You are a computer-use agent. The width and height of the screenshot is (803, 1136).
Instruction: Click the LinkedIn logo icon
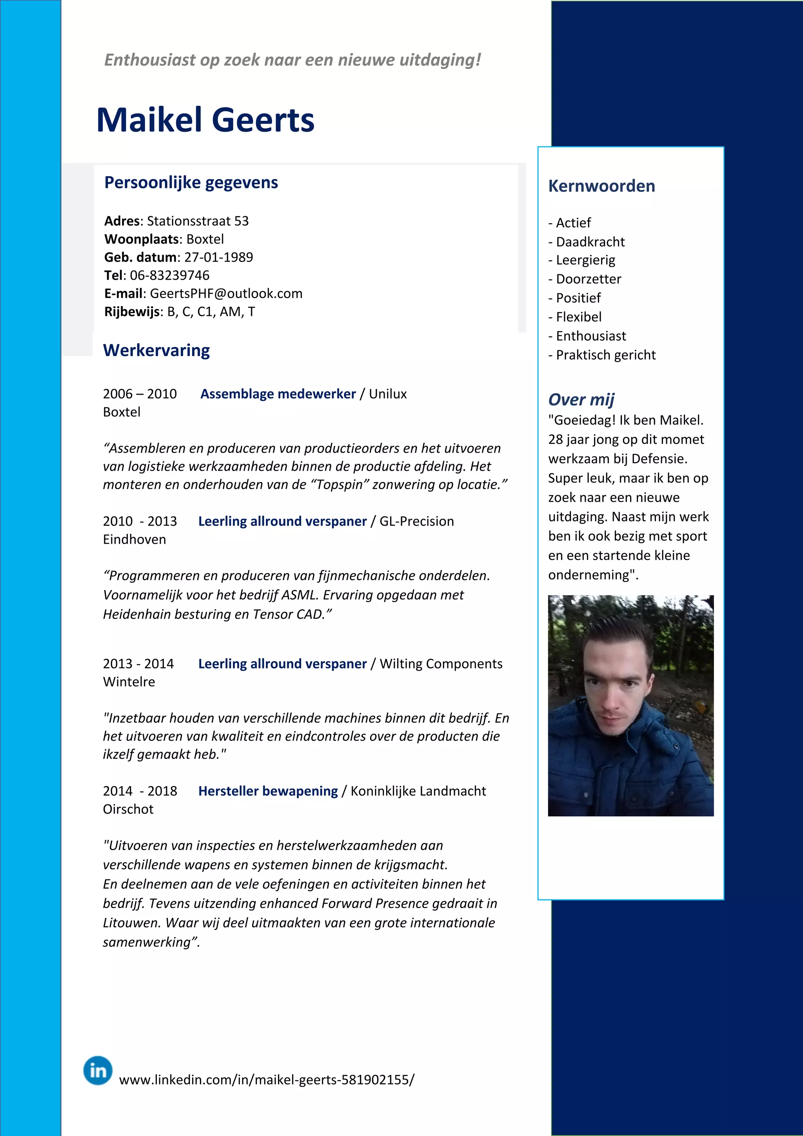point(98,1070)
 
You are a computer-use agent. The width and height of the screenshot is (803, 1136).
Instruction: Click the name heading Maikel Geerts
point(205,120)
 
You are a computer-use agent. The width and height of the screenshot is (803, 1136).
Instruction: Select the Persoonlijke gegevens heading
point(191,182)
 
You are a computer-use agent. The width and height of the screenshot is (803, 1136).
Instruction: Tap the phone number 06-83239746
point(170,275)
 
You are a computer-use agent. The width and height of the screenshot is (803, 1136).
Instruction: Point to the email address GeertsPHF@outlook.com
point(226,293)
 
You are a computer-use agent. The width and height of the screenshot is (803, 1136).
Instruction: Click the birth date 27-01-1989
point(218,257)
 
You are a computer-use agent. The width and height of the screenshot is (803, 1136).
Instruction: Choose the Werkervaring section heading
point(156,350)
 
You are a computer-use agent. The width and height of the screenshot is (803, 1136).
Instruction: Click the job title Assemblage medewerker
point(278,394)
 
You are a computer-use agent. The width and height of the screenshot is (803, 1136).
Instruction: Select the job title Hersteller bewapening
point(268,791)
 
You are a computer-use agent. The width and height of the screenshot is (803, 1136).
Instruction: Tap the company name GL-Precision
point(416,521)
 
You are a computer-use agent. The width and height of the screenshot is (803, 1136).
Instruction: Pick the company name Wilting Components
point(441,663)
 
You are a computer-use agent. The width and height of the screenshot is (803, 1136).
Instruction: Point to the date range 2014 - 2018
point(140,791)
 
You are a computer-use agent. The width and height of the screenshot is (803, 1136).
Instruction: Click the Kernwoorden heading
point(601,186)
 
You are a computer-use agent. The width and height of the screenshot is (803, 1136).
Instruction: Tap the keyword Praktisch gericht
point(605,355)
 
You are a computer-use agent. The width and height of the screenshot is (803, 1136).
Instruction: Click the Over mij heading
point(581,399)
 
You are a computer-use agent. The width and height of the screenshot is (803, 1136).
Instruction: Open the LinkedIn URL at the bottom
point(267,1080)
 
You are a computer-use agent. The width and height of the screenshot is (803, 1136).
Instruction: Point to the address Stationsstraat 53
point(198,221)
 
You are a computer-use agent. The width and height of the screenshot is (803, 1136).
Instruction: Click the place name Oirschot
point(128,809)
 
